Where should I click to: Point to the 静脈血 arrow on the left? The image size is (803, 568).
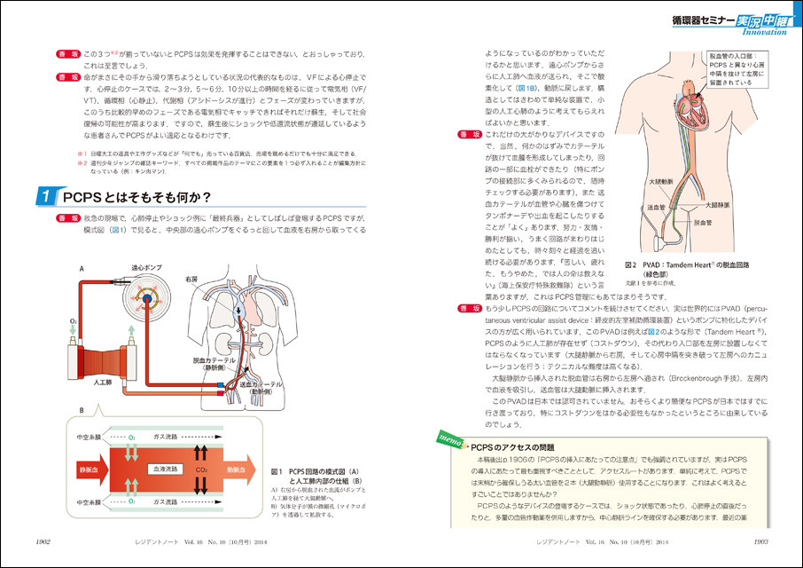click(x=90, y=468)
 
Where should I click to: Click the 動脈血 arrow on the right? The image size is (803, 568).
click(x=237, y=468)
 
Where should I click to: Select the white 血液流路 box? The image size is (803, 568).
click(x=163, y=468)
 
